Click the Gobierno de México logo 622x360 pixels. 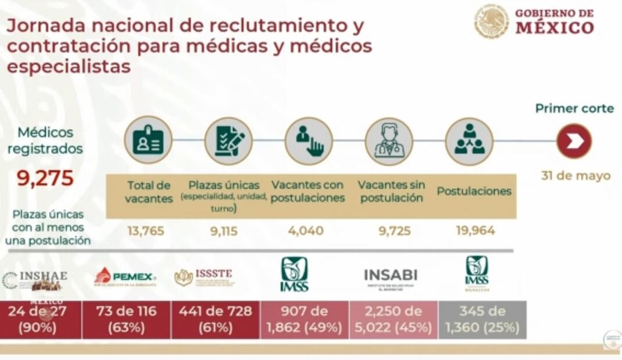pyautogui.click(x=534, y=21)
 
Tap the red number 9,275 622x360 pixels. pyautogui.click(x=45, y=178)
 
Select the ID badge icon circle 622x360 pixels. pyautogui.click(x=148, y=140)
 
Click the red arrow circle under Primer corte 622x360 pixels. pyautogui.click(x=574, y=141)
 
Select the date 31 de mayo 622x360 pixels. pyautogui.click(x=576, y=175)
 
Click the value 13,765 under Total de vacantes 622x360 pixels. pyautogui.click(x=146, y=231)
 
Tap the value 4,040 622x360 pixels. pyautogui.click(x=306, y=231)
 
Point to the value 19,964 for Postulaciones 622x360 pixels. pyautogui.click(x=475, y=231)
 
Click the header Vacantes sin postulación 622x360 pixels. pyautogui.click(x=391, y=191)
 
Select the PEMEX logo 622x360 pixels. pyautogui.click(x=125, y=277)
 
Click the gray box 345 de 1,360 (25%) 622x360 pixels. pyautogui.click(x=482, y=319)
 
